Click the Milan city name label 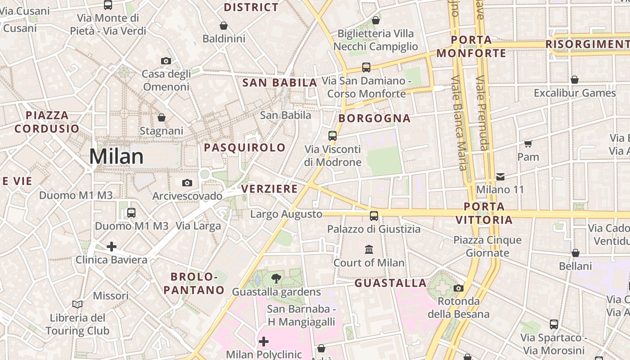coord(116,157)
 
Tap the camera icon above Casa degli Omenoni coord(166,61)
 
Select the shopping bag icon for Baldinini coord(223,26)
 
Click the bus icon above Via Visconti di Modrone coord(333,135)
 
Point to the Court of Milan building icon coord(369,249)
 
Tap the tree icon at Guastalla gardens coord(276,279)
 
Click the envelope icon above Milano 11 coord(500,176)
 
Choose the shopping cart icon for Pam coord(528,144)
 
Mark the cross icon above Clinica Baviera coord(112,247)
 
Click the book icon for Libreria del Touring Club coord(77,305)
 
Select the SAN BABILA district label coord(280,83)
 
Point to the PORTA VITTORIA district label coord(484,213)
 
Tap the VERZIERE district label coord(270,189)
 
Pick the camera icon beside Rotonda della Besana coord(459,288)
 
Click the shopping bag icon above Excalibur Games coord(575,80)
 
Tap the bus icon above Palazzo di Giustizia coord(374,216)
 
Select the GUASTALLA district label coord(391,283)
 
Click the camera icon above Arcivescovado coord(187,183)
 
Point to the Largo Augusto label coord(286,214)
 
